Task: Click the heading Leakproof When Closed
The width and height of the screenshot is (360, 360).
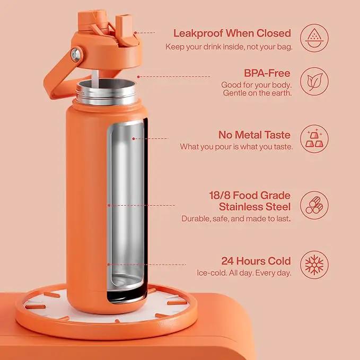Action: (x=232, y=33)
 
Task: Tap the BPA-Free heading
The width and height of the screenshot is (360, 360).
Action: (x=267, y=73)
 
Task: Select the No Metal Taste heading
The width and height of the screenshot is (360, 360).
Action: (x=254, y=135)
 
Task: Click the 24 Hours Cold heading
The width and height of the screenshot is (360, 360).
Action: (x=256, y=261)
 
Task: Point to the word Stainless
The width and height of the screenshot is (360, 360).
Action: (x=242, y=207)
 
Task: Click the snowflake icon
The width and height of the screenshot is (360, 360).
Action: (x=314, y=265)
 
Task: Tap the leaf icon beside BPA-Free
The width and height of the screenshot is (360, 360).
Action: (x=314, y=82)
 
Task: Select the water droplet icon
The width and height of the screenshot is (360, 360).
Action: (x=314, y=38)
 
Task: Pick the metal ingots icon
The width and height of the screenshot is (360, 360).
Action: (x=314, y=138)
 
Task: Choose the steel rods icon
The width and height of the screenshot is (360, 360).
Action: (x=314, y=205)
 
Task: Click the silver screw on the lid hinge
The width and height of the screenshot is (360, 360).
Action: (x=76, y=55)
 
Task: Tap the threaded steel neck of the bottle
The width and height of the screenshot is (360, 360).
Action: (x=107, y=93)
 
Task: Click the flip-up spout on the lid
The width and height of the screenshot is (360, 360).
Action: (x=125, y=27)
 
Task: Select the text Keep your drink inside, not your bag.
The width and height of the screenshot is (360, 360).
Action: (x=229, y=47)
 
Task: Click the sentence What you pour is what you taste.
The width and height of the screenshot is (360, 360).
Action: (x=236, y=147)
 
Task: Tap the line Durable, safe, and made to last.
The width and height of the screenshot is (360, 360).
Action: (x=236, y=218)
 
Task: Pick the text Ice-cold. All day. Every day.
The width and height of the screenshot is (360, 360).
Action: (x=244, y=273)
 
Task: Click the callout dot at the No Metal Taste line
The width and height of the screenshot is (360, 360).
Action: (x=134, y=138)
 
